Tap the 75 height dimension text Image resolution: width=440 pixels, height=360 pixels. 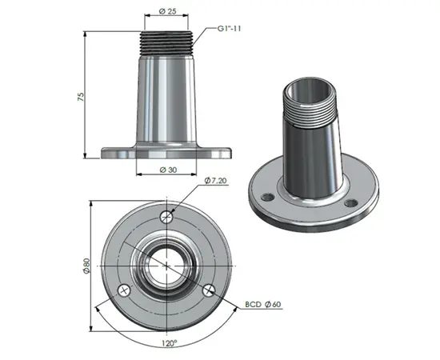pyautogui.click(x=80, y=96)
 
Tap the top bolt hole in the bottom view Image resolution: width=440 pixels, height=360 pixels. pyautogui.click(x=166, y=216)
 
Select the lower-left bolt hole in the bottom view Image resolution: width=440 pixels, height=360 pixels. pyautogui.click(x=123, y=290)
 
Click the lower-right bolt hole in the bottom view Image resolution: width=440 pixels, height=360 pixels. pyautogui.click(x=209, y=290)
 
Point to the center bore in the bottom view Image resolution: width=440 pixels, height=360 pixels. pyautogui.click(x=166, y=265)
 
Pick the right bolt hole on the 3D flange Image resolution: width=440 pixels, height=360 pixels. pyautogui.click(x=350, y=205)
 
